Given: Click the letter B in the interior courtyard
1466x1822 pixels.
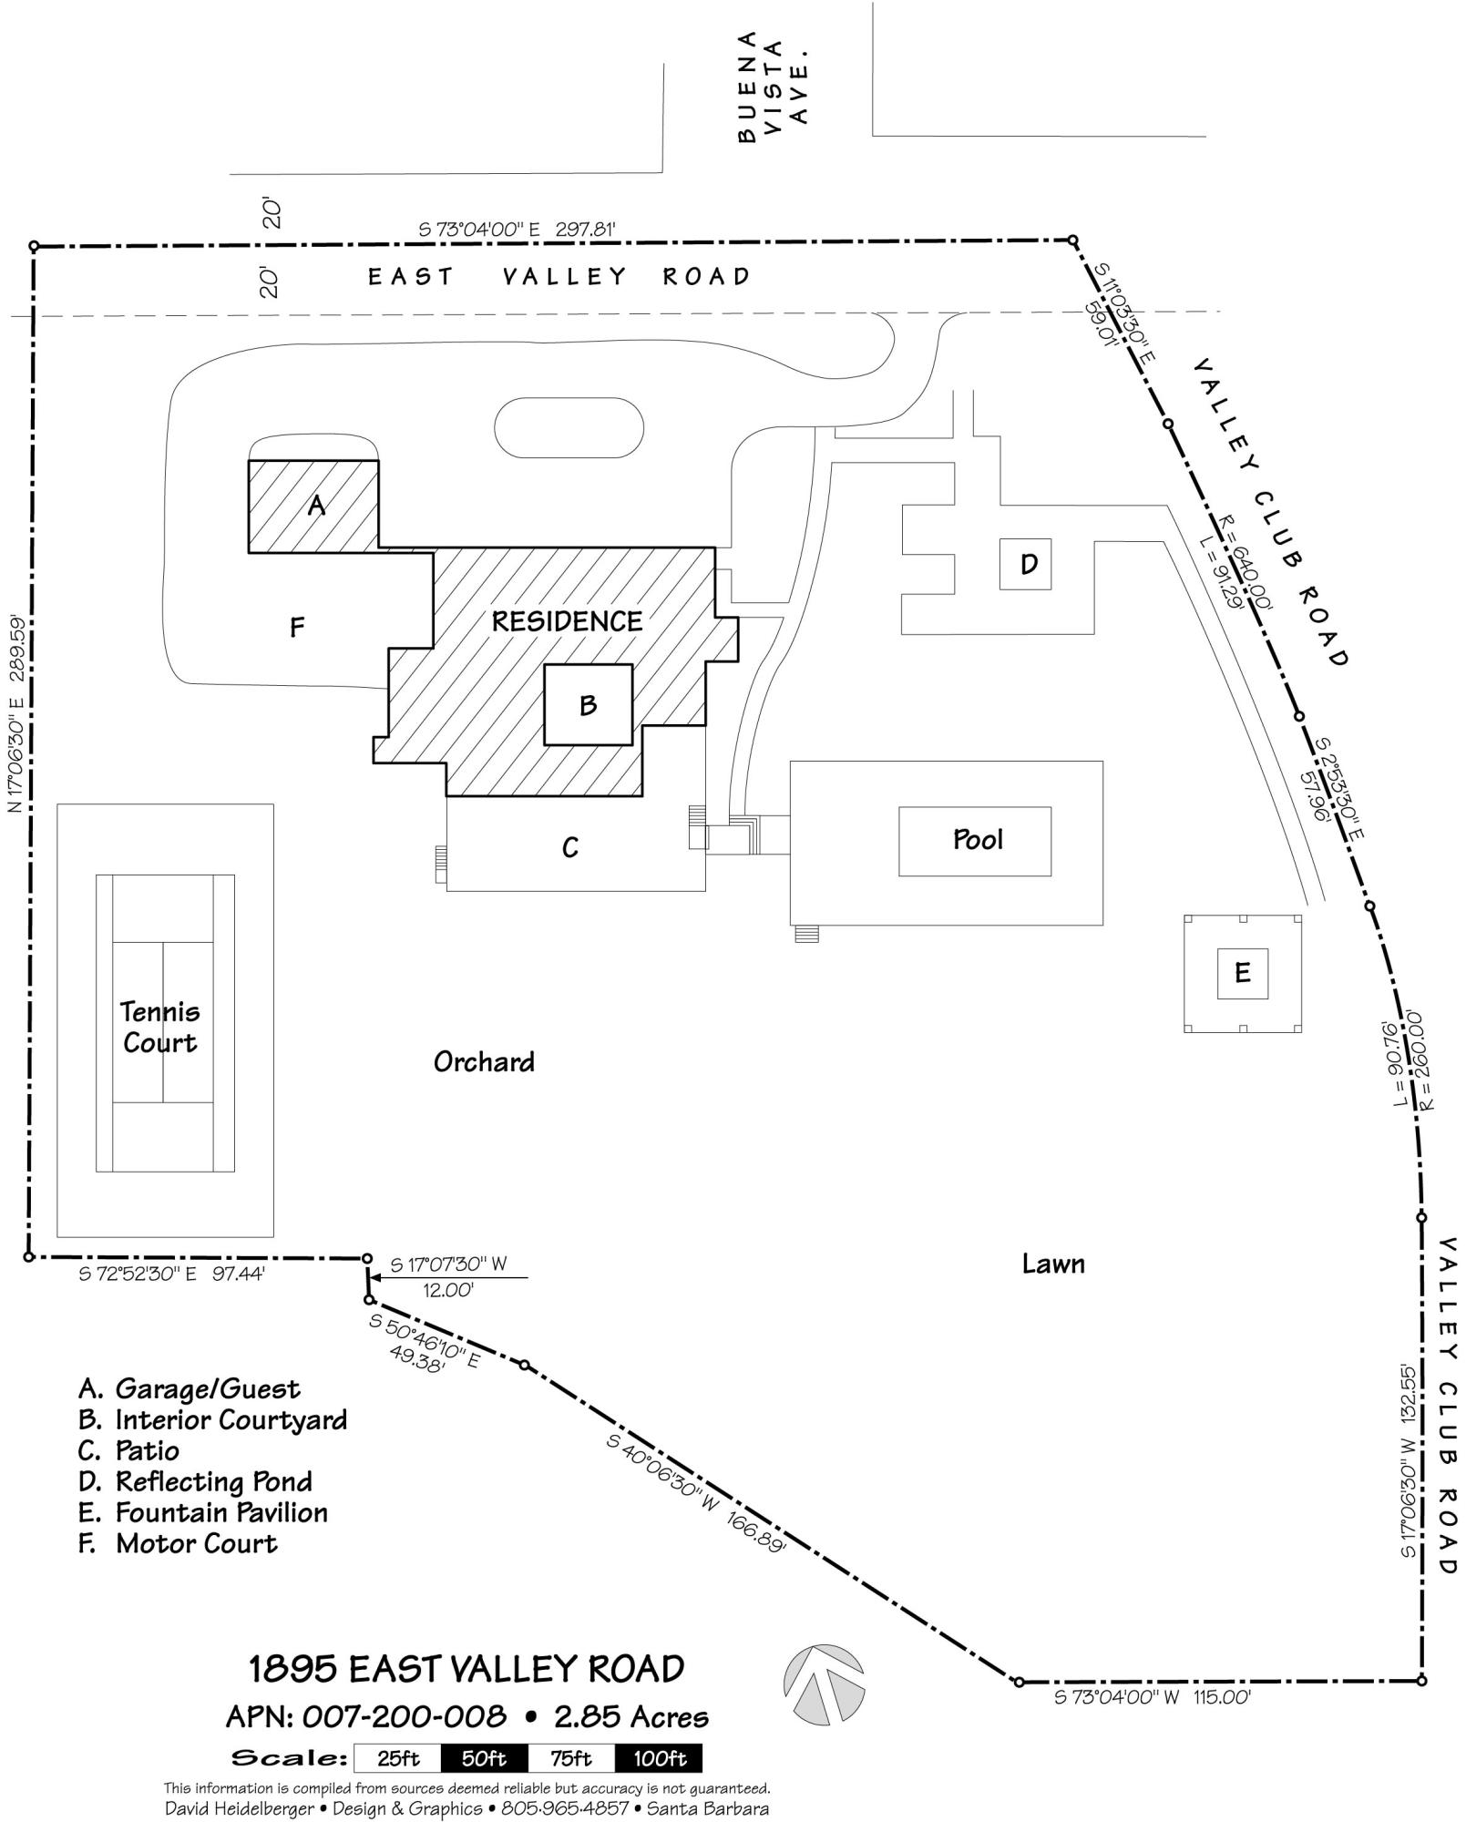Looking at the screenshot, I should [588, 705].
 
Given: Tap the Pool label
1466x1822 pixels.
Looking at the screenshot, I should [978, 840].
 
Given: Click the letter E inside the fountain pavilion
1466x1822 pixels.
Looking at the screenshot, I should [1242, 973].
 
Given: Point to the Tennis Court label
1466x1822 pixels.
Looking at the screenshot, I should [160, 1027].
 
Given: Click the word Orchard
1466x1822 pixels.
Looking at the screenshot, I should [484, 1062].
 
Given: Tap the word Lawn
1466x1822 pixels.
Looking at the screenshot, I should [1053, 1264].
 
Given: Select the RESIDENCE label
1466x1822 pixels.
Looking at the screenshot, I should [567, 621].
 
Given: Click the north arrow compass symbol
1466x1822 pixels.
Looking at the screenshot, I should [824, 1679].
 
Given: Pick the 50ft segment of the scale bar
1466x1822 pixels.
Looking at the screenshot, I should [484, 1758].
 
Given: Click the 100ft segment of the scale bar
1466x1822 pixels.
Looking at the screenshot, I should [658, 1758].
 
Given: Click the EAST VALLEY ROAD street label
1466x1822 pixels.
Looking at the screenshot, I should [559, 276].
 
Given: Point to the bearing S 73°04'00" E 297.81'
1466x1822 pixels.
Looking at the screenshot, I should [518, 230].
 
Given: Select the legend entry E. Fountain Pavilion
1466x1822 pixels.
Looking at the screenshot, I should [203, 1512].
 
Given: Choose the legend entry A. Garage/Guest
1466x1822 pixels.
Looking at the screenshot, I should [190, 1388].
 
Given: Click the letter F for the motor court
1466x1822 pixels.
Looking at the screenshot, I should [297, 627].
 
